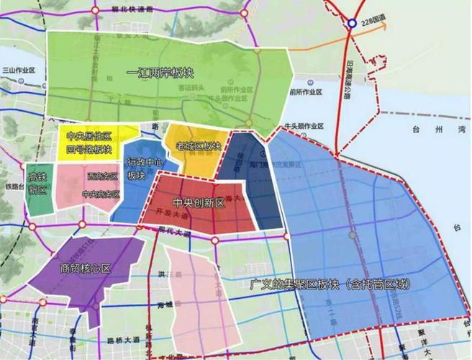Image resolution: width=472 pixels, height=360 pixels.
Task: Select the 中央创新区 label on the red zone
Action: (x=199, y=204)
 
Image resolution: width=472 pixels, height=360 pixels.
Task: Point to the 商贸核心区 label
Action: (x=86, y=269)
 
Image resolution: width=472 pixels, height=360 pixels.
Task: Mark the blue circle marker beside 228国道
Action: (x=352, y=24)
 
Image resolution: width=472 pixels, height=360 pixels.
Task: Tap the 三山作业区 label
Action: (x=19, y=70)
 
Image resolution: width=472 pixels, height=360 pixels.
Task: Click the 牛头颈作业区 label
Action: (x=304, y=125)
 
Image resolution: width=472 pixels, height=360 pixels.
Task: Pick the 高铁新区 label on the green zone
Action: (x=37, y=184)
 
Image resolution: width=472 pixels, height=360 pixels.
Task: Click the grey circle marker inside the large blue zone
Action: (x=353, y=235)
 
